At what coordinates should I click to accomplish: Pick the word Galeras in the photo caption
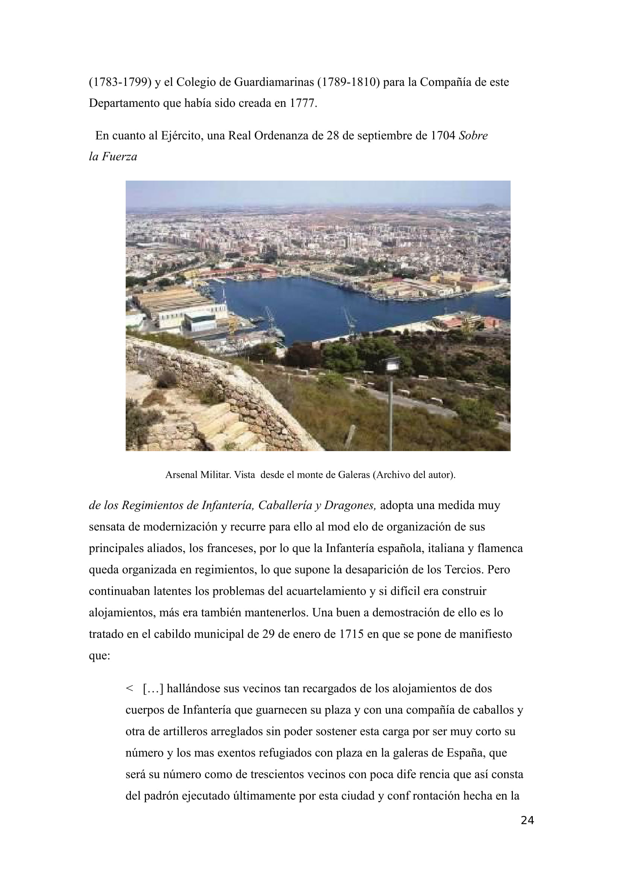(354, 475)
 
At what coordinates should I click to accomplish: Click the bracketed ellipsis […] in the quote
(153, 688)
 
